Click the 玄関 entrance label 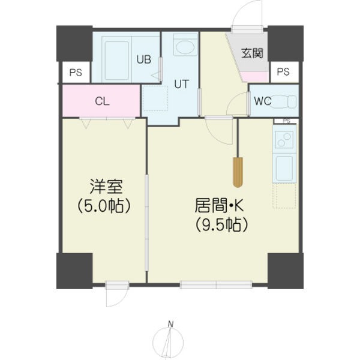pyautogui.click(x=253, y=53)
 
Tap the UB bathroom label pyautogui.click(x=143, y=59)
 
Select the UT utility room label pyautogui.click(x=182, y=84)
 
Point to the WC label pyautogui.click(x=262, y=101)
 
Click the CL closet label pyautogui.click(x=102, y=101)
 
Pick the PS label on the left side pyautogui.click(x=76, y=73)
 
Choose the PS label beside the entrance pyautogui.click(x=283, y=72)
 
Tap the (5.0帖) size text pyautogui.click(x=103, y=206)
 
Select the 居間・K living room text pyautogui.click(x=220, y=206)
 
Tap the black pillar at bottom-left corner pyautogui.click(x=74, y=271)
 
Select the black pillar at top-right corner pyautogui.click(x=285, y=43)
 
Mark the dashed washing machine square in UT pyautogui.click(x=155, y=98)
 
